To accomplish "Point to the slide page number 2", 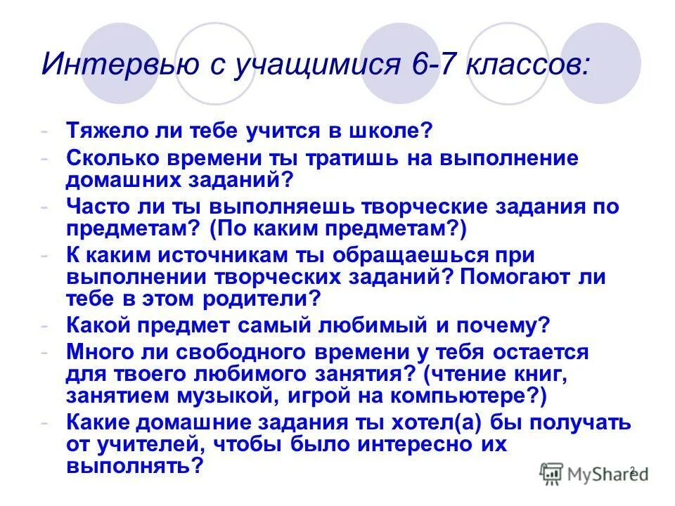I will coord(631,469).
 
